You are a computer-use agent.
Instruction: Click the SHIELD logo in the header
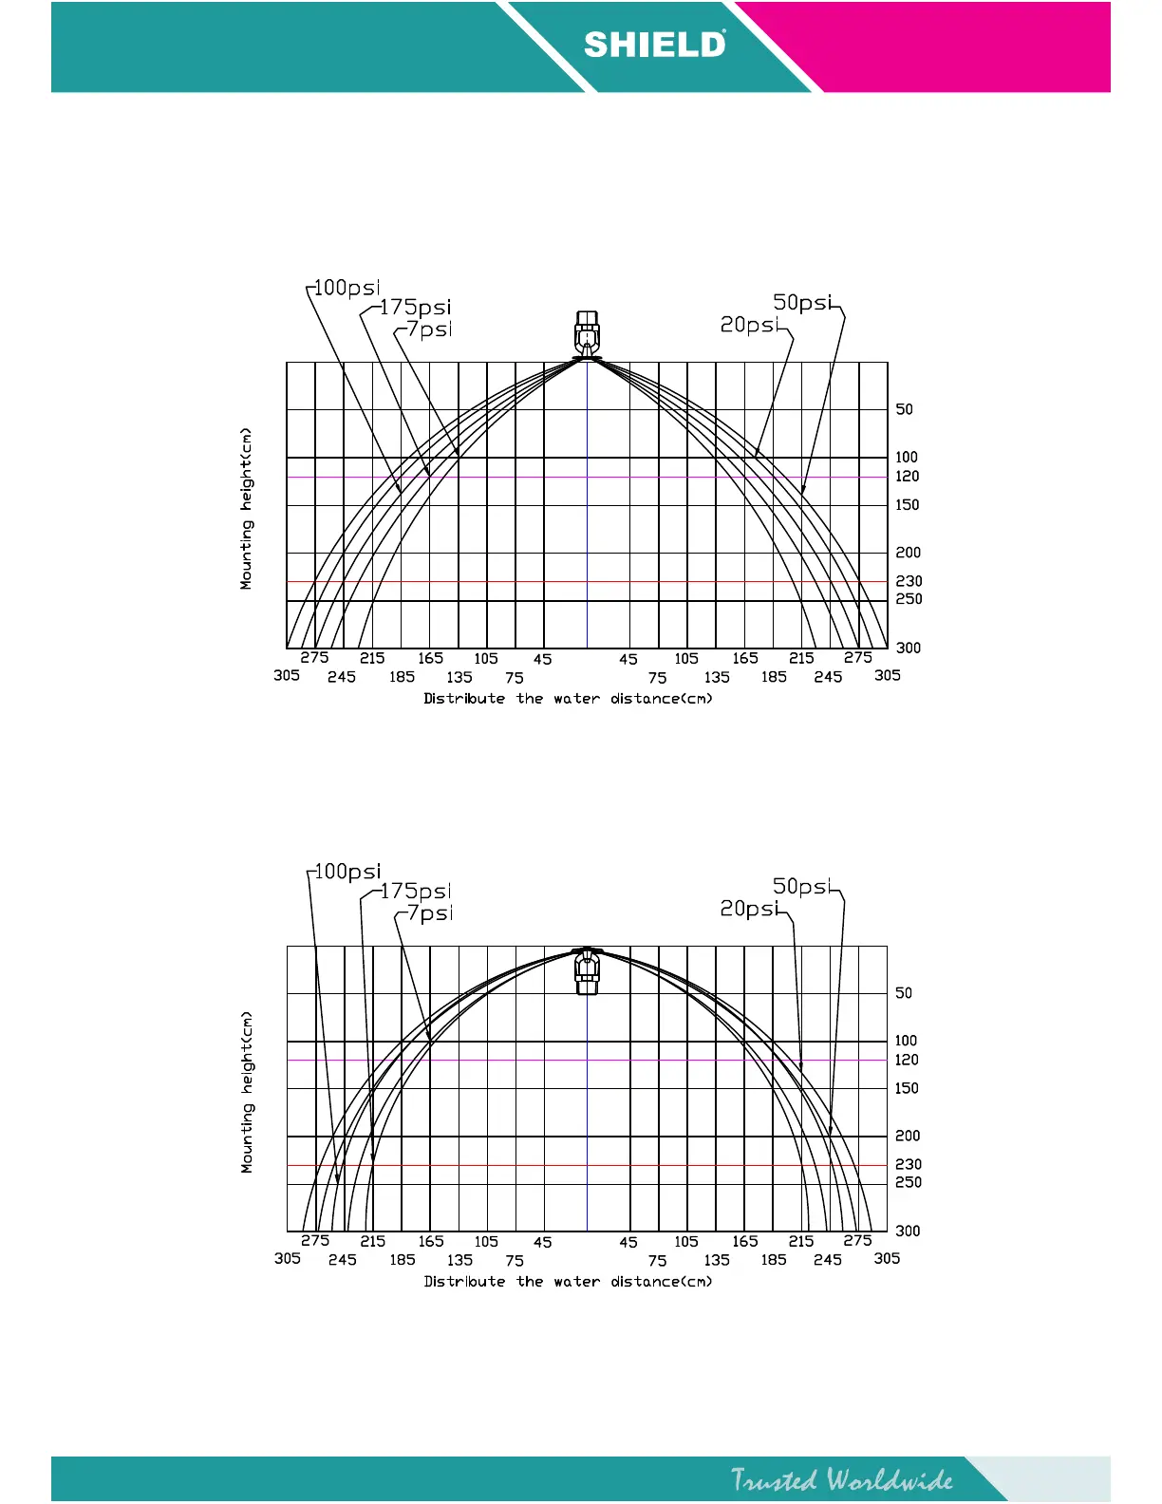pos(655,45)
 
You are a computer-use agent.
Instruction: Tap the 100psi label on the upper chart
pos(347,287)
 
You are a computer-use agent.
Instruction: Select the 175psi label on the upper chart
pos(415,308)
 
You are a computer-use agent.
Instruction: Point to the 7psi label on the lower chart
pos(429,912)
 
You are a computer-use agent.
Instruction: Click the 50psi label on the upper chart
pos(802,302)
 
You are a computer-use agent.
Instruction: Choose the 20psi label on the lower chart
pos(749,909)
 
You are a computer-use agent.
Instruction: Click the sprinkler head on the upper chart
pos(587,335)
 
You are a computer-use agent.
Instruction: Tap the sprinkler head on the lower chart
pos(587,969)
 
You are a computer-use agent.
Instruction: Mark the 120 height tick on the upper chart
pos(908,477)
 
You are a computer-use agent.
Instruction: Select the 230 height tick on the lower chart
pos(909,1164)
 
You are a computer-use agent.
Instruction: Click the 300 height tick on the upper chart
pos(909,648)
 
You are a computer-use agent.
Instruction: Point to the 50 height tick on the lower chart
pos(904,993)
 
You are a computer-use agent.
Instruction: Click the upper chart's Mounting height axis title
pos(247,509)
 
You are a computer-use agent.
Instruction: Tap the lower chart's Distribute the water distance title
pos(568,1282)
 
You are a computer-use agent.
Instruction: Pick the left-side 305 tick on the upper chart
pos(287,675)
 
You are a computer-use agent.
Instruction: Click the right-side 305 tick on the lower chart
pos(887,1258)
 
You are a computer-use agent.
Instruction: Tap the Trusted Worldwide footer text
pos(841,1479)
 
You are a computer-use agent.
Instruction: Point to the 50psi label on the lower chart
pos(802,886)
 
